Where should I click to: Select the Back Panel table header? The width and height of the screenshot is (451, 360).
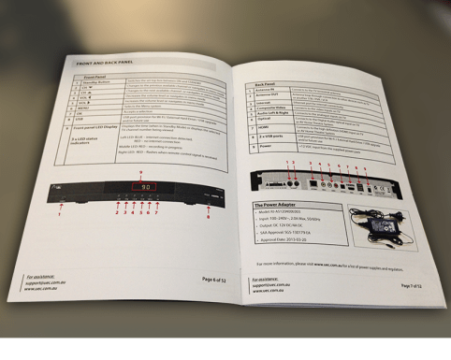pos(271,84)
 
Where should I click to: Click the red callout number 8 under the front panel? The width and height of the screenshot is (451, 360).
pos(207,214)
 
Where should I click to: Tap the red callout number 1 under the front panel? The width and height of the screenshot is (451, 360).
pos(58,215)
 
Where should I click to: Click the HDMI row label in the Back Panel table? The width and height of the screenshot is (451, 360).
pos(273,128)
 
